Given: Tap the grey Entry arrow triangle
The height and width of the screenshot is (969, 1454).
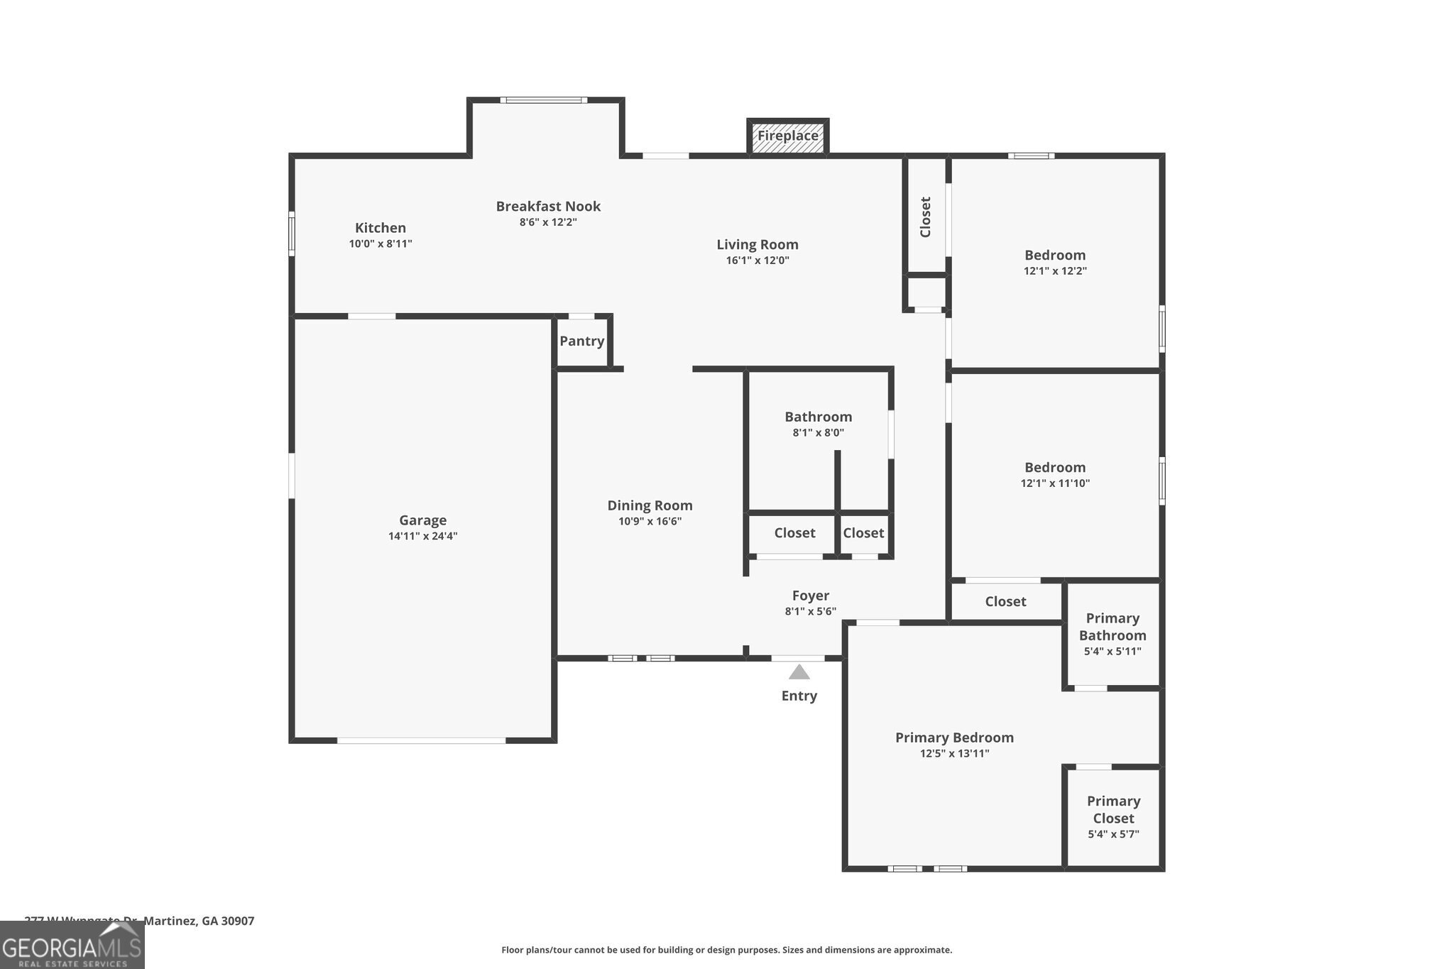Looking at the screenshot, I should coord(799,672).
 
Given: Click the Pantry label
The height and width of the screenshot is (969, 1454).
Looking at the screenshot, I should coord(581,341).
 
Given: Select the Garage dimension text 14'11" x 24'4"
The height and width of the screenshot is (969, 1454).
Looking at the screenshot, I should coord(422,536).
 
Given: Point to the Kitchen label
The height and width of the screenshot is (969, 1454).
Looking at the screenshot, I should coord(381,228).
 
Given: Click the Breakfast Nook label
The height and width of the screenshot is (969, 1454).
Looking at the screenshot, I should coord(548,207).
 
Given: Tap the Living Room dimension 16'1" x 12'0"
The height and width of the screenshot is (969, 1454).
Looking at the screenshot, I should coord(757,261).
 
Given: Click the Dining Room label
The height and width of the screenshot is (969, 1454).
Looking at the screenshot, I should coord(650,505).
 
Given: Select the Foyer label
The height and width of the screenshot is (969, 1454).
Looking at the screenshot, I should coord(810,596).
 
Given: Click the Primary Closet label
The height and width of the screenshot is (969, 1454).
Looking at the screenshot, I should coord(1113,809).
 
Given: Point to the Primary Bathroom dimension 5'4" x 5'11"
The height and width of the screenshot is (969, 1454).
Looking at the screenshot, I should coord(1112,651).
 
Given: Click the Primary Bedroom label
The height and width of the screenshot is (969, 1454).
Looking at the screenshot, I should coord(954,738).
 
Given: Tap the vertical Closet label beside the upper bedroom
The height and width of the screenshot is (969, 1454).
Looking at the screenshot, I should coord(925,217).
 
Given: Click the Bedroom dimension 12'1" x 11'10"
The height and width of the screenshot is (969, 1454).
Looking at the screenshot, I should coord(1055,483).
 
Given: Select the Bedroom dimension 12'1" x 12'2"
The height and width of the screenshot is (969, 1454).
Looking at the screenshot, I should coord(1055,271).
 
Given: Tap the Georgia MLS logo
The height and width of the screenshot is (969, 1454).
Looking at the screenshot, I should coord(72,946).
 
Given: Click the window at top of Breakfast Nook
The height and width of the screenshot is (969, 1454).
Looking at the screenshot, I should coord(544,100).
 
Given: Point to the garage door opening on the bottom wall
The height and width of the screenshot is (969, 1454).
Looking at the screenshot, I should coord(421,740).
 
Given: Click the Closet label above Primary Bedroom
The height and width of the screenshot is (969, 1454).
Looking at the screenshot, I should coord(1005,601).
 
